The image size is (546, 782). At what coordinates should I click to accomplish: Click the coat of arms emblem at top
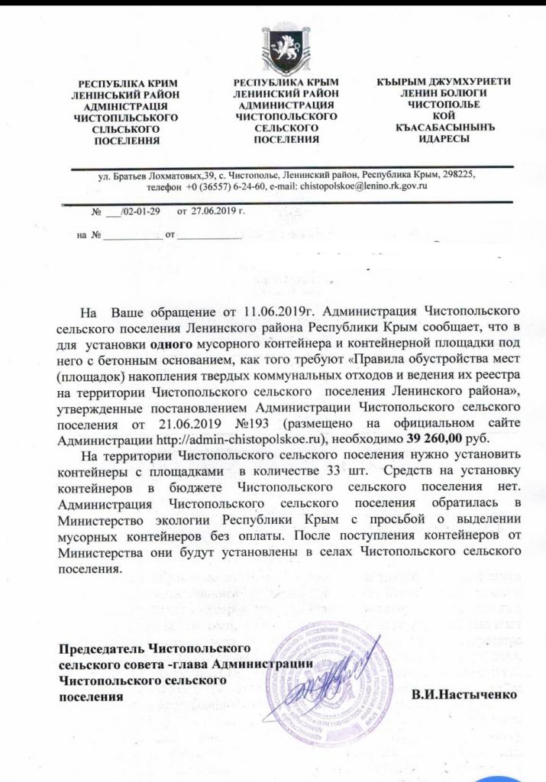(275, 47)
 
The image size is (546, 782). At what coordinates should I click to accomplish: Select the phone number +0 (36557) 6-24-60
(226, 186)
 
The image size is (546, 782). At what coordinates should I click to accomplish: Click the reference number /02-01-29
(135, 210)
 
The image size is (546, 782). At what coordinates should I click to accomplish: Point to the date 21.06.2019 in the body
(194, 423)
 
